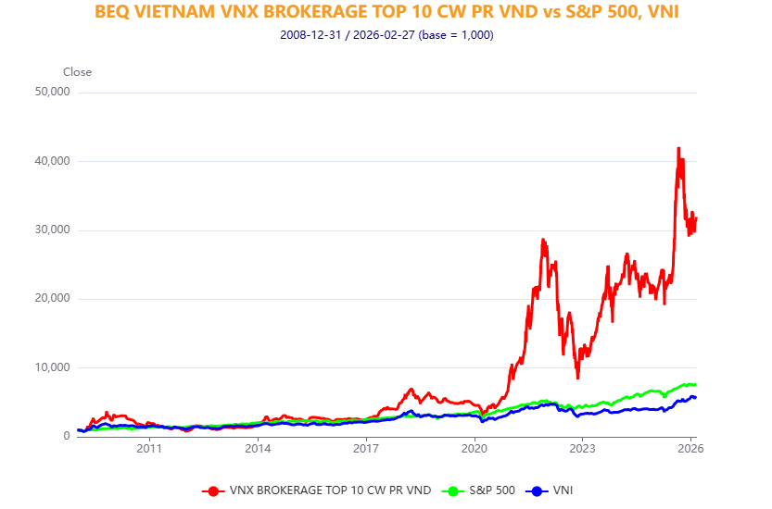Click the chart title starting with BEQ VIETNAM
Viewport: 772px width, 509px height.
[x=386, y=13]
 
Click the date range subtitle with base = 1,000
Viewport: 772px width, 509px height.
[x=386, y=35]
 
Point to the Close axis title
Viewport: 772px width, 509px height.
[x=77, y=72]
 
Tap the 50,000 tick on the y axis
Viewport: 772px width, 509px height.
[x=52, y=93]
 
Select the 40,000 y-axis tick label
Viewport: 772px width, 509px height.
[x=52, y=161]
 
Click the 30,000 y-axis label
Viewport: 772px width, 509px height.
[x=52, y=230]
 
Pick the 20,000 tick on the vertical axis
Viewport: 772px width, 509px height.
[x=52, y=298]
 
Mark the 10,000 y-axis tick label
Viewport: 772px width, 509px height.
[x=52, y=367]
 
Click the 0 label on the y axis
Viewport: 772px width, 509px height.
[x=66, y=436]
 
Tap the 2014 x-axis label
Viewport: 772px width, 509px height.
[x=258, y=449]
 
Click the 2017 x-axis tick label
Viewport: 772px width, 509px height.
[x=366, y=449]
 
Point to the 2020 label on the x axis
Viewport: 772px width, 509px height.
[x=475, y=449]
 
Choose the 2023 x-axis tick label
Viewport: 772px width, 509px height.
[x=582, y=449]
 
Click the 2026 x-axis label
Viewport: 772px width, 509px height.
[x=690, y=449]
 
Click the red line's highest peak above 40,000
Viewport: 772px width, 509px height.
[x=678, y=148]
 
